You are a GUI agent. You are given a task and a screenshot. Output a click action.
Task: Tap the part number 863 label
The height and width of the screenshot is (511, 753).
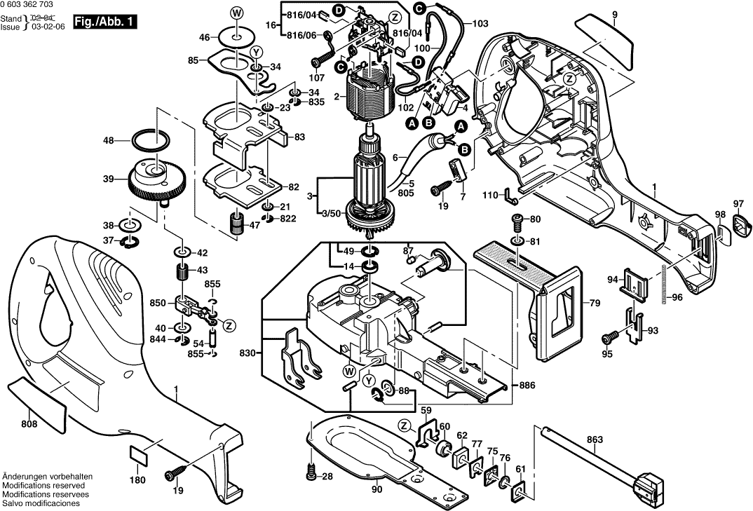(595, 440)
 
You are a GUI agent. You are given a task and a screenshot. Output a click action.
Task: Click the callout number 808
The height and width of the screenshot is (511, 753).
(29, 424)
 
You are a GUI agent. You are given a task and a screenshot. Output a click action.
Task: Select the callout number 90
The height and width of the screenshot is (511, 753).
(377, 490)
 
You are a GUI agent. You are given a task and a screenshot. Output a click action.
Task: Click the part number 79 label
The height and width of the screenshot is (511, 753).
(595, 304)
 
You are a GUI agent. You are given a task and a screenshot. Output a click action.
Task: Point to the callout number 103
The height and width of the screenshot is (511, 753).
(480, 24)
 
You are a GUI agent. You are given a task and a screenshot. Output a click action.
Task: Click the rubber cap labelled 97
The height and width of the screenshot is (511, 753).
(740, 226)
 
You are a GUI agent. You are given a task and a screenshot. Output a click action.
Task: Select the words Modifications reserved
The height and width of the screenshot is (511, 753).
(43, 485)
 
